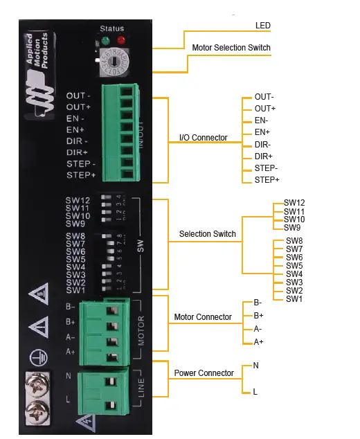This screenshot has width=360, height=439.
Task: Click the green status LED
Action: pyautogui.click(x=105, y=40)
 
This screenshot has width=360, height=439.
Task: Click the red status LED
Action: pyautogui.click(x=121, y=40)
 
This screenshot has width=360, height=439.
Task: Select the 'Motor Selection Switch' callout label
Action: pyautogui.click(x=231, y=48)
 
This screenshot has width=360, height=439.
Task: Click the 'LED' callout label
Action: pyautogui.click(x=262, y=26)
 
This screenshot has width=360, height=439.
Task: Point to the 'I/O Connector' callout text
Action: pyautogui.click(x=203, y=138)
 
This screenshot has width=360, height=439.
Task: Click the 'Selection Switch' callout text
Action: pyautogui.click(x=207, y=234)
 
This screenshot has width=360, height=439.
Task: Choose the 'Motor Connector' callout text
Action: pyautogui.click(x=203, y=317)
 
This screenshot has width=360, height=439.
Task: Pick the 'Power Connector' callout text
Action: pyautogui.click(x=204, y=373)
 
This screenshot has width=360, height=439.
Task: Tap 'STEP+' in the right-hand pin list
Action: pyautogui.click(x=267, y=180)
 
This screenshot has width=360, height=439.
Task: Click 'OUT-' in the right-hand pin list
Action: pyautogui.click(x=264, y=97)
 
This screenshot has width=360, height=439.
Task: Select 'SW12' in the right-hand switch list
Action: pyautogui.click(x=294, y=203)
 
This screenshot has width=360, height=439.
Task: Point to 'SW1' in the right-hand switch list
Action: pyautogui.click(x=294, y=298)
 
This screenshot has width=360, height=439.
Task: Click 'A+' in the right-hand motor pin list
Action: pyautogui.click(x=258, y=342)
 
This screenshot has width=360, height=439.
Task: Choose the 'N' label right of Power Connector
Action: pyautogui.click(x=255, y=364)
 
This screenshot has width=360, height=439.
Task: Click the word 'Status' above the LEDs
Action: pyautogui.click(x=112, y=28)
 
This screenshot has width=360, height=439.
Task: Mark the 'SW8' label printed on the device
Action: pyautogui.click(x=75, y=236)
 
